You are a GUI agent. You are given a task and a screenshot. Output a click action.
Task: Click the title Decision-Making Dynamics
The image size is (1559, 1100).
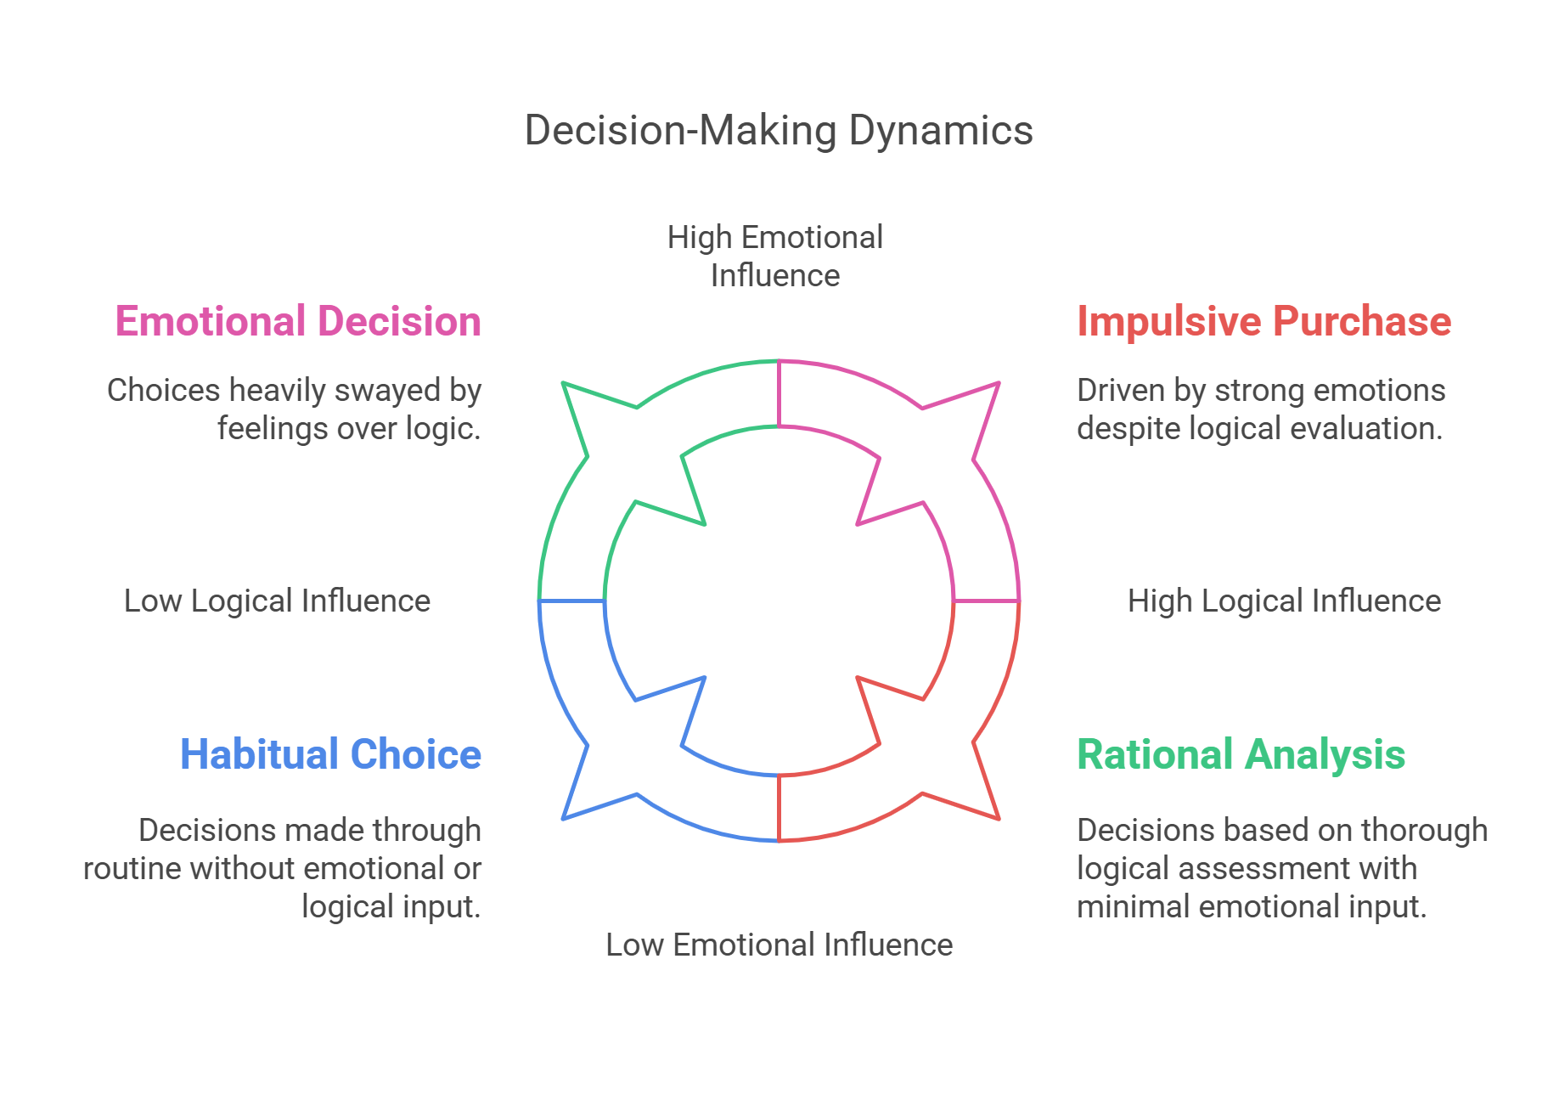(779, 131)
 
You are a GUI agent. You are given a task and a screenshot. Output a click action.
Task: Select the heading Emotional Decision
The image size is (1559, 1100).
(298, 322)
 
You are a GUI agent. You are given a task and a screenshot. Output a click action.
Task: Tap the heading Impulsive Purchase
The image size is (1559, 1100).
(1264, 322)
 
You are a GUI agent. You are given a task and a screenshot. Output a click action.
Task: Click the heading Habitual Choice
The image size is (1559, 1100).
(330, 754)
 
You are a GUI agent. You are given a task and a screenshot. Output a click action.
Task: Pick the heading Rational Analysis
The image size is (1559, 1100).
(1241, 754)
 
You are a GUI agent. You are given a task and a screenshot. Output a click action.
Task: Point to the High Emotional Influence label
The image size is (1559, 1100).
(774, 256)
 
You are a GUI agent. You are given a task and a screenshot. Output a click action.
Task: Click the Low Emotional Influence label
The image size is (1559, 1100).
(779, 945)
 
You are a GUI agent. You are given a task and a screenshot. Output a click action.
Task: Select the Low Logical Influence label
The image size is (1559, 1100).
(277, 601)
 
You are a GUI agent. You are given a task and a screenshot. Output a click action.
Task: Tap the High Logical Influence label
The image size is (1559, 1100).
(1284, 601)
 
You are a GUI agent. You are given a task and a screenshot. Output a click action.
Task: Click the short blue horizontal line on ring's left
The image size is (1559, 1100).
(572, 601)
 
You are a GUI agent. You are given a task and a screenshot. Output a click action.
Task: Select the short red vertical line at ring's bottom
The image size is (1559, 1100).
(779, 808)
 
